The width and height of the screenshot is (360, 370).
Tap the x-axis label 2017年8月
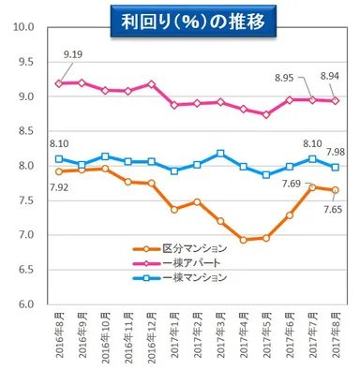coord(336,337)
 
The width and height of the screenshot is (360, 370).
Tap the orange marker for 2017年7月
coord(313,187)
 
